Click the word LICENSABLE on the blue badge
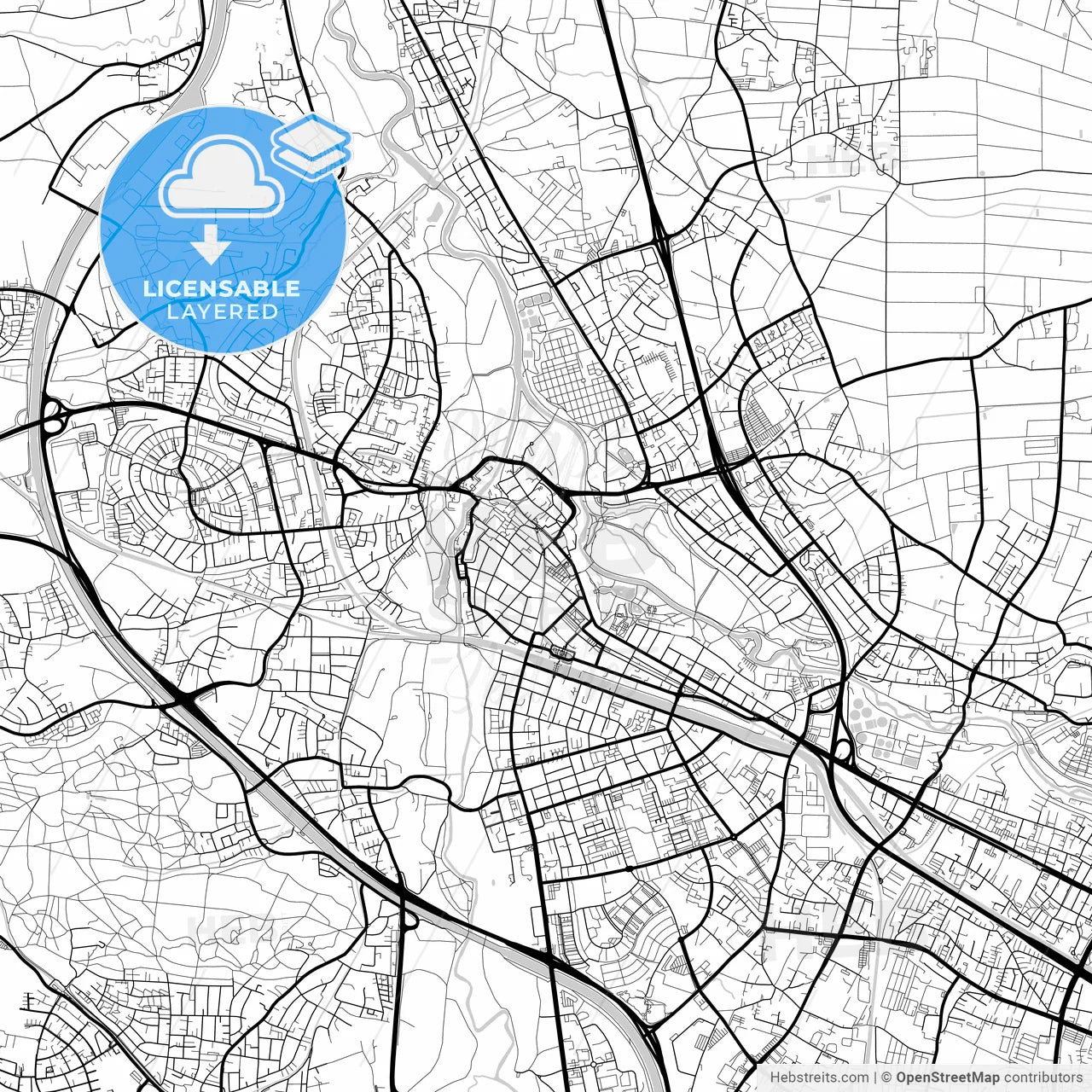[222, 288]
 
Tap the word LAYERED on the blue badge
[222, 311]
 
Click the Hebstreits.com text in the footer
[819, 1077]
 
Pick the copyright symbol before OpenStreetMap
[887, 1077]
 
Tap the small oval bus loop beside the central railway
[562, 653]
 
